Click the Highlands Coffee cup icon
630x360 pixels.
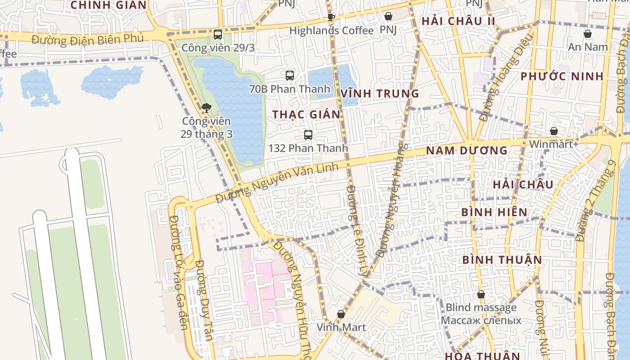click(331, 18)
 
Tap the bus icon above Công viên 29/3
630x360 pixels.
click(218, 34)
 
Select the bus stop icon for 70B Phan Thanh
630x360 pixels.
click(290, 76)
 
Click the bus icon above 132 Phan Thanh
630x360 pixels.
click(308, 135)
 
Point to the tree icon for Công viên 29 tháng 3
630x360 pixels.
click(207, 108)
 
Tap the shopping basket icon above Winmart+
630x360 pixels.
click(554, 131)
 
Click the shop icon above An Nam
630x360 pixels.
click(588, 34)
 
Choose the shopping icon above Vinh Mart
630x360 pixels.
click(341, 314)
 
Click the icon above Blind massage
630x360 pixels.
click(481, 295)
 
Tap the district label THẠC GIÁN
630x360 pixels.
click(306, 115)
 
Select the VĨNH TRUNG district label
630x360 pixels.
click(380, 94)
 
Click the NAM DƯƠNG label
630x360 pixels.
click(467, 151)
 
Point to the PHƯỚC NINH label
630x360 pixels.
click(562, 76)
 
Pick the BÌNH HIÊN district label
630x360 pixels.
click(494, 212)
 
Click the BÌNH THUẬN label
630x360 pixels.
click(502, 260)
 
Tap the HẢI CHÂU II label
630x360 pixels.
click(458, 21)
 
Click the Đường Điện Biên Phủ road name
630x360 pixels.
click(88, 39)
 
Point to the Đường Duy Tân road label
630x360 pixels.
click(205, 306)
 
